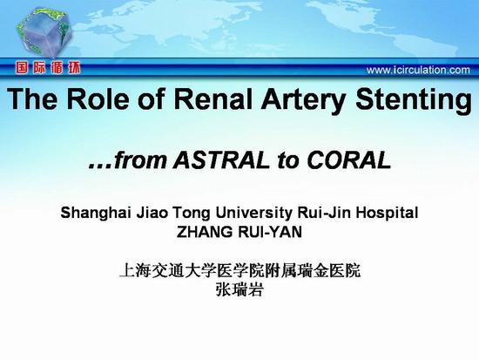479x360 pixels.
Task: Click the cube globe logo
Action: (44, 33)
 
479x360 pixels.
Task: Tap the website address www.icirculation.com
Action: (418, 70)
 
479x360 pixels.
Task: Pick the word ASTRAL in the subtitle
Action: (221, 160)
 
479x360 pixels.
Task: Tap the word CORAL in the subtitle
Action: (349, 160)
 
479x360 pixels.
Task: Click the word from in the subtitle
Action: (140, 160)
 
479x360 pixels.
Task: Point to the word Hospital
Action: (387, 214)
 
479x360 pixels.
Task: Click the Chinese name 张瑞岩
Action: (239, 289)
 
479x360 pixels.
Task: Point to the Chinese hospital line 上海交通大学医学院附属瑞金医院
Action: (240, 269)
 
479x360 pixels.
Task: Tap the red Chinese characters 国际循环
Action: (48, 68)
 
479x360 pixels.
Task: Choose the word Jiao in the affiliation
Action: (152, 213)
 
